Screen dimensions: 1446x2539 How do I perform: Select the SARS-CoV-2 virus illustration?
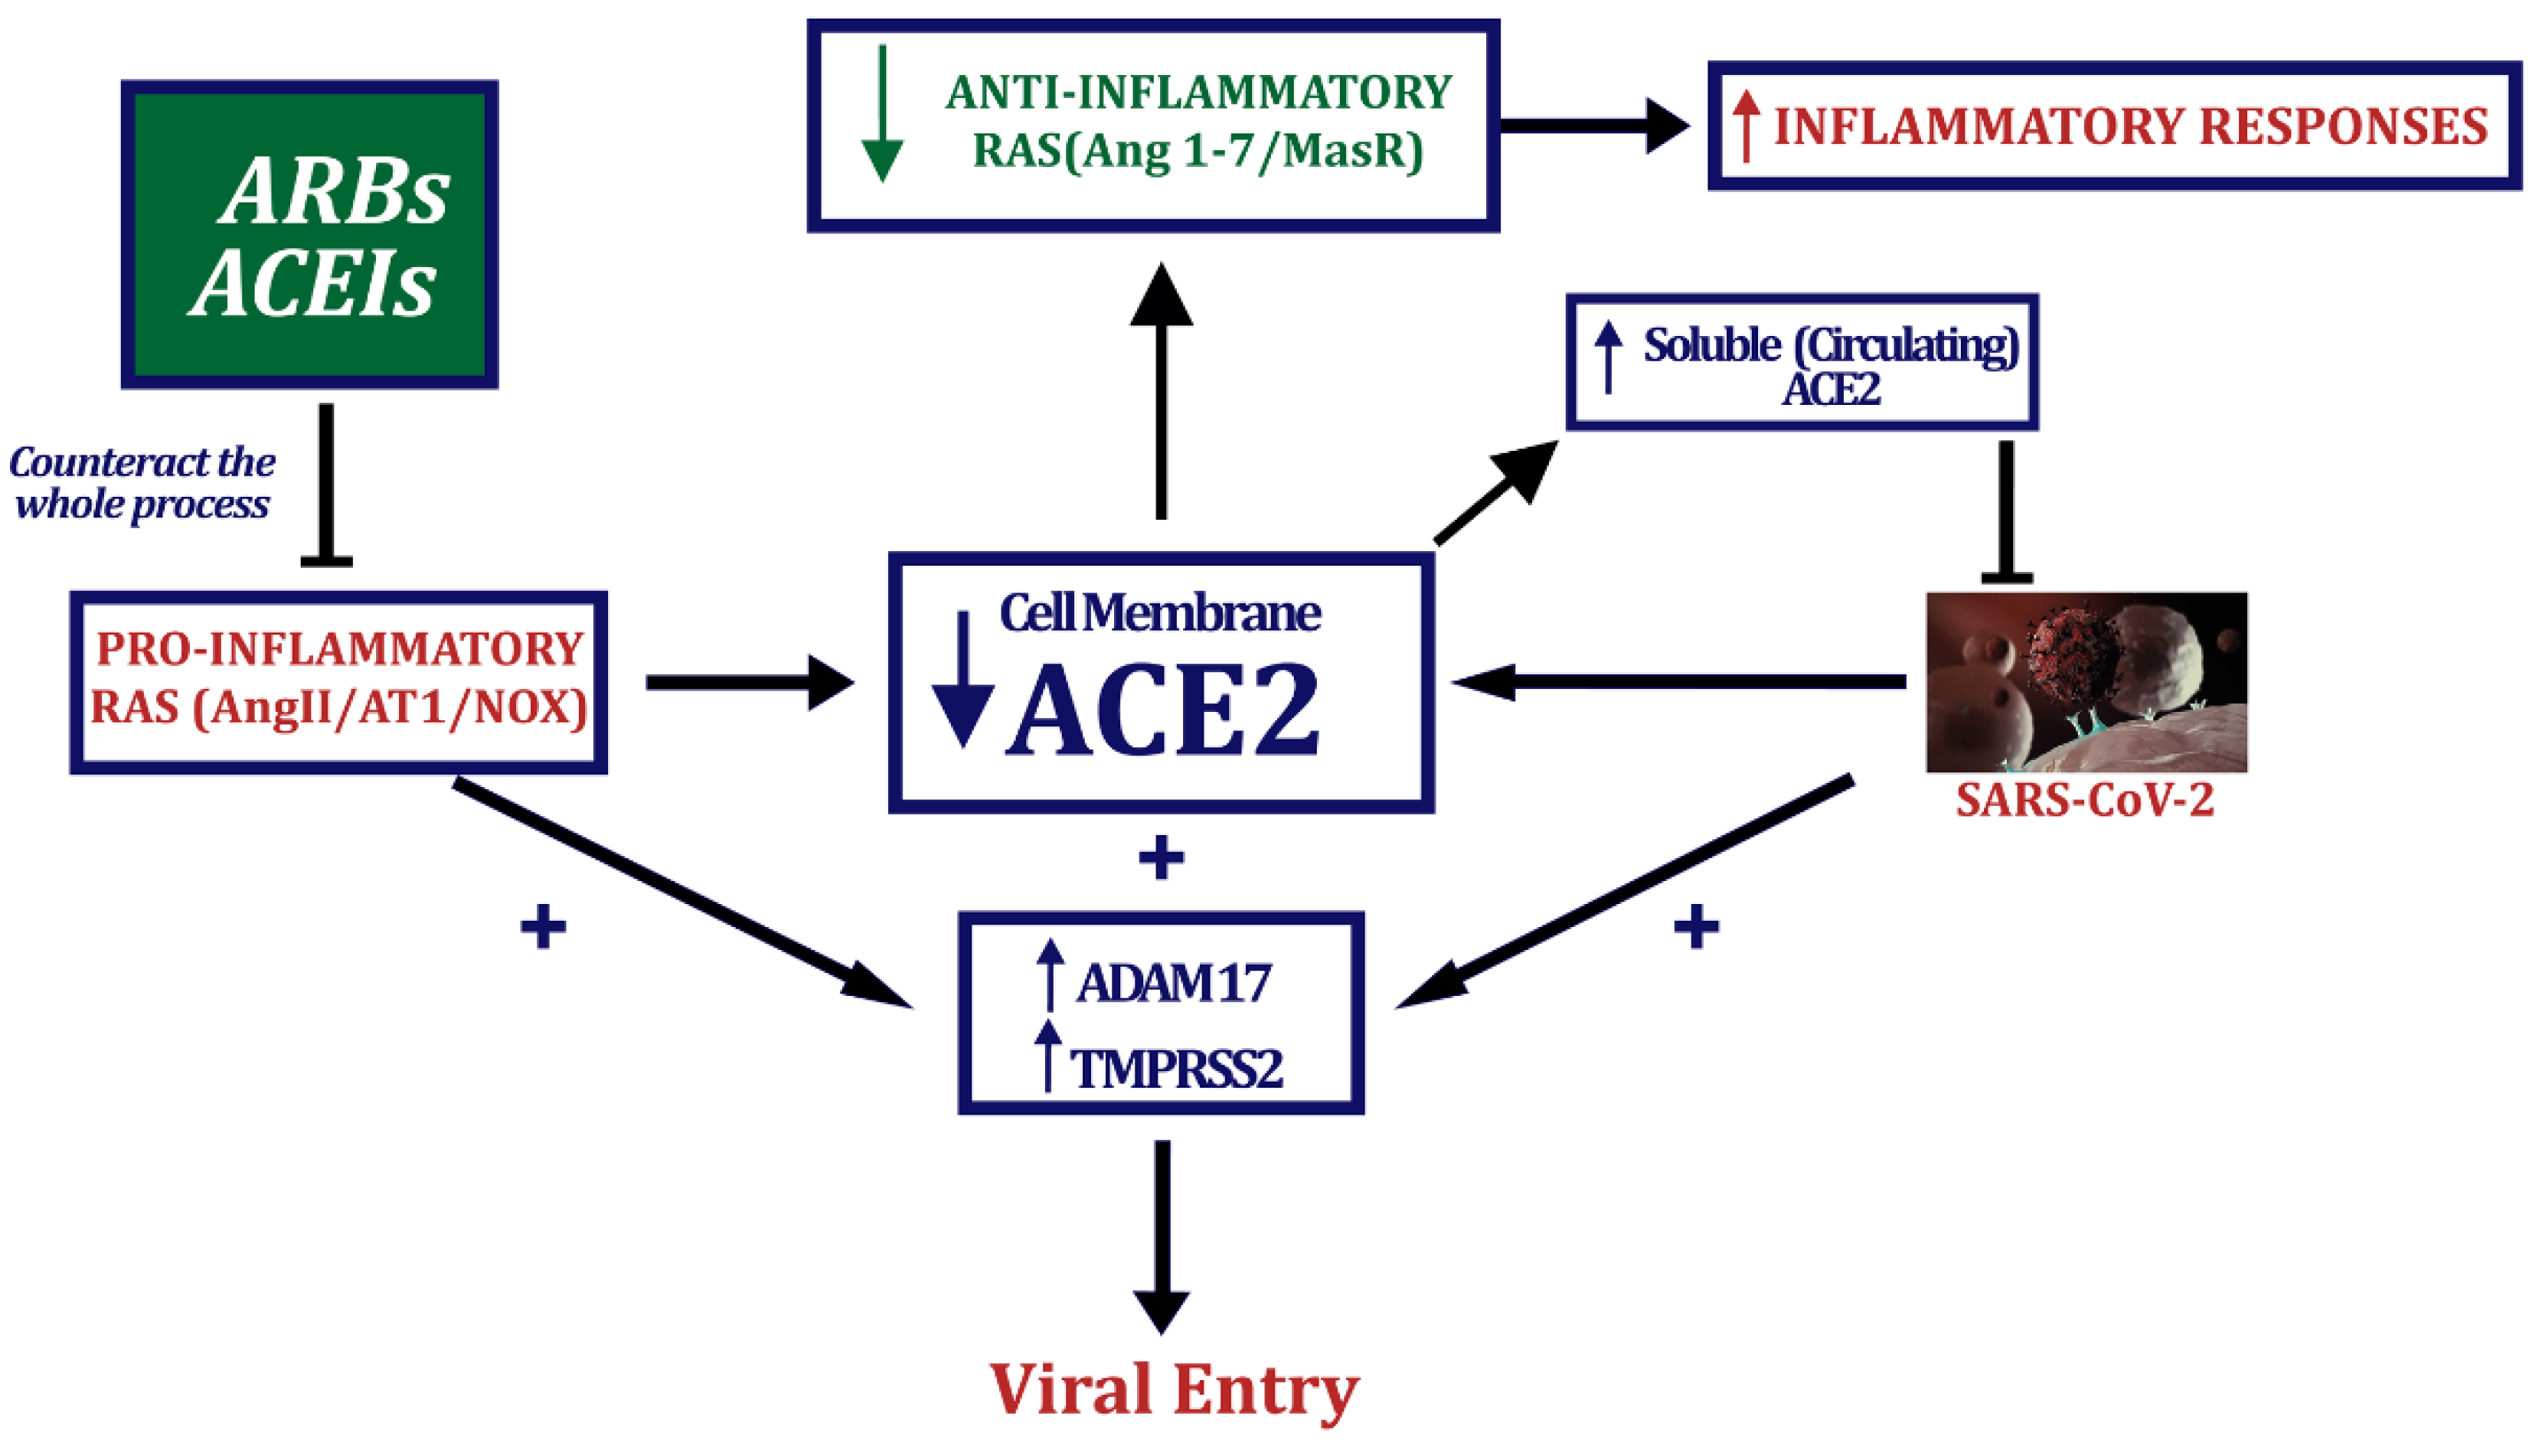2085,681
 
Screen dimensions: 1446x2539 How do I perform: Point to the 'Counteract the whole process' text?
142,483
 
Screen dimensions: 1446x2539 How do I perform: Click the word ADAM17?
1173,983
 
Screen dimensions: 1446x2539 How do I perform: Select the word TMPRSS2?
1176,1069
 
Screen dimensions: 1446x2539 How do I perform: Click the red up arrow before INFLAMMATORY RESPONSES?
1745,126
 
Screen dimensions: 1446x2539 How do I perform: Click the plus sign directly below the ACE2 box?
1160,857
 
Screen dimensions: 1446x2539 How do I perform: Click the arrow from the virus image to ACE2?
1679,681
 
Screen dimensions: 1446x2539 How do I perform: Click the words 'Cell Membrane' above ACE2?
1159,612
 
